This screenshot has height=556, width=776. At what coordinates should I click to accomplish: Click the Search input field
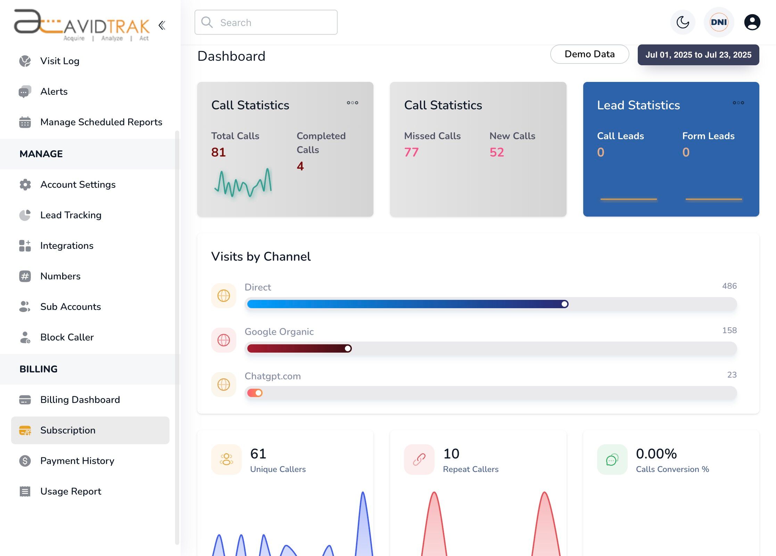point(266,23)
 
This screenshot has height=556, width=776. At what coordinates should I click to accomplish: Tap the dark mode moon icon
point(683,23)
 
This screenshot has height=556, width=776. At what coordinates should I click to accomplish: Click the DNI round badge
point(719,23)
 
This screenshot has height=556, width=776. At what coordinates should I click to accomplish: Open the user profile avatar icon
point(752,23)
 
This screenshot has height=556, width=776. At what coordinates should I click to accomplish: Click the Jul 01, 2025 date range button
point(698,55)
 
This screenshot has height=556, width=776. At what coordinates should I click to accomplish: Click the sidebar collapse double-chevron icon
point(162,25)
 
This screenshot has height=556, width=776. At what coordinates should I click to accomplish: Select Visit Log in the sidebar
point(60,61)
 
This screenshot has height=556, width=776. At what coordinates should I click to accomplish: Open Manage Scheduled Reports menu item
point(101,122)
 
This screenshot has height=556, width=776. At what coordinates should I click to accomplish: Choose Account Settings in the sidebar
point(78,185)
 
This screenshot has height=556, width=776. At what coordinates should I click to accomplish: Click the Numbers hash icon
point(25,276)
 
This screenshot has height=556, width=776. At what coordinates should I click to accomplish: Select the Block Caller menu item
point(67,337)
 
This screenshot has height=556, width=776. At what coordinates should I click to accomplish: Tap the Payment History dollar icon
point(25,461)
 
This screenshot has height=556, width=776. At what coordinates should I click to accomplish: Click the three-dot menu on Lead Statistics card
point(738,103)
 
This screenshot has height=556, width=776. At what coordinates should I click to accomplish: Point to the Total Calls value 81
point(218,152)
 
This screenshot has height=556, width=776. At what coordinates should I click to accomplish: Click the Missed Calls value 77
point(411,152)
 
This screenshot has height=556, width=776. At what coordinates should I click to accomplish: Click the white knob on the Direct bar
point(565,304)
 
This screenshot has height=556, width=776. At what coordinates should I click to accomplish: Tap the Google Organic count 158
point(729,330)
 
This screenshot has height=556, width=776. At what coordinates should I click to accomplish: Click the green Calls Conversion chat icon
point(612,460)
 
